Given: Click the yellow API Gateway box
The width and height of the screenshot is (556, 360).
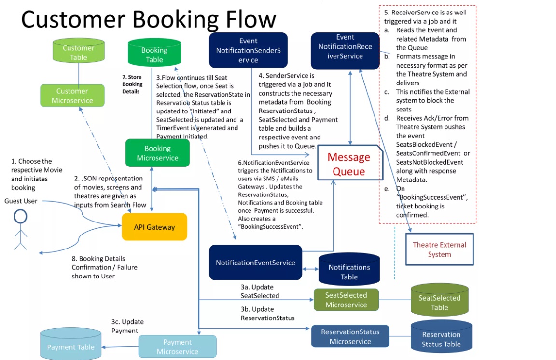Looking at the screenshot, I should tap(154, 227).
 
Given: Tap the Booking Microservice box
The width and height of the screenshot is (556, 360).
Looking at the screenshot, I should tap(157, 153).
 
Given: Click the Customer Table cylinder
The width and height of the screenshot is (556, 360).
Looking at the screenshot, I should tap(79, 53).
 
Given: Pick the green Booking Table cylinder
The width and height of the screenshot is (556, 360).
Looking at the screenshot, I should tap(154, 55).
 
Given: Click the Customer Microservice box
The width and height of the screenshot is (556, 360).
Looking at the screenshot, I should tap(72, 96).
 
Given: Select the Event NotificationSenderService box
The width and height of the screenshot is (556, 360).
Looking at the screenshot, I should tap(248, 50).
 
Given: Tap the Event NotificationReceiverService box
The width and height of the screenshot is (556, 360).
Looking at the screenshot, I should tap(345, 47).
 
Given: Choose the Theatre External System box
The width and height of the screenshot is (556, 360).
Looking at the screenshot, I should tap(439, 249).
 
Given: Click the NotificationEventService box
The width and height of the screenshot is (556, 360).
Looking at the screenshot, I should tap(255, 263).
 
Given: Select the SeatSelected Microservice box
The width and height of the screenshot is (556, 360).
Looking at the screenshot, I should tap(346, 300).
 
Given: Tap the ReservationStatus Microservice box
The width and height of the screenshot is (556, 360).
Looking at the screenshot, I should tap(350, 336).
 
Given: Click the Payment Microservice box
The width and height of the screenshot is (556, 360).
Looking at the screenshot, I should tap(177, 346).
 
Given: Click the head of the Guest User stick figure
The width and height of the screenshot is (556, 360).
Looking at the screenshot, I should tap(20, 217).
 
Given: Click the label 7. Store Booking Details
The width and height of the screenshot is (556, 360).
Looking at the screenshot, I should tap(132, 84).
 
